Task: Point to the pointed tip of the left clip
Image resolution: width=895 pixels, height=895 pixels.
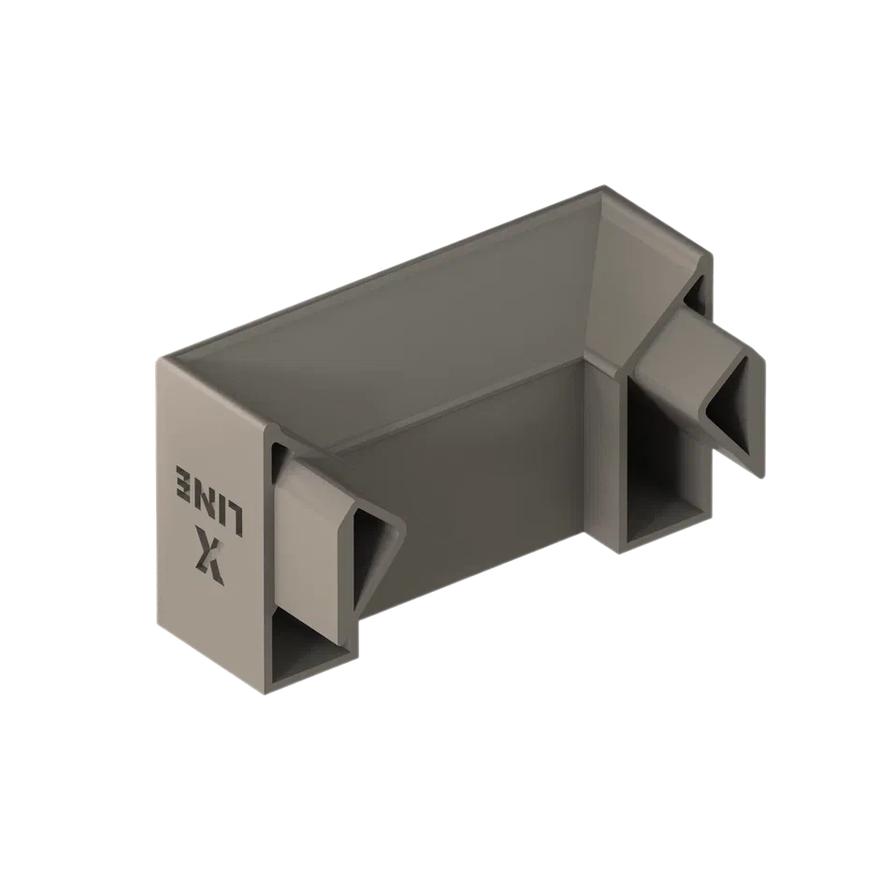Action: pos(406,521)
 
